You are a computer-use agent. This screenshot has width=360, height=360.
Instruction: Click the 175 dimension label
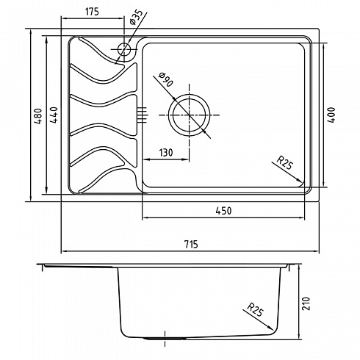92,12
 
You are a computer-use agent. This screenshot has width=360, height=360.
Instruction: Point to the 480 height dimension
38,115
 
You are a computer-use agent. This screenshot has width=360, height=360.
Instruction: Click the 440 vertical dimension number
54,115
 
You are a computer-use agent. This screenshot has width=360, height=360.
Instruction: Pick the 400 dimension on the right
331,115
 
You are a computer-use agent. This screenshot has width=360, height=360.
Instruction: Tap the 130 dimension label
166,153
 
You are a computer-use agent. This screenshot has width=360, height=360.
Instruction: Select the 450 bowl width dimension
223,211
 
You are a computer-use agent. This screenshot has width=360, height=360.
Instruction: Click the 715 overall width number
191,244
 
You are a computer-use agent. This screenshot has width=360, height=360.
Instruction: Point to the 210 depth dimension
306,303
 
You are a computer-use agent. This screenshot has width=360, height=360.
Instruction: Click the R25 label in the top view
285,162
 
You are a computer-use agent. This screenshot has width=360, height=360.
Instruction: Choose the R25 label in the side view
255,309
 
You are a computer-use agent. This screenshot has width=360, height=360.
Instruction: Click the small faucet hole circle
124,49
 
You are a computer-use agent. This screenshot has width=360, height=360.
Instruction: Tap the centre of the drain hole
189,115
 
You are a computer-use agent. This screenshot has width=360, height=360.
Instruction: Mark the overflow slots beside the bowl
143,115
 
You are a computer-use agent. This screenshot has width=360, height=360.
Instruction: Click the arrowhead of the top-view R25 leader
299,180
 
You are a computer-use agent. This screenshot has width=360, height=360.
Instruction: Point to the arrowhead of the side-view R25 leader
270,328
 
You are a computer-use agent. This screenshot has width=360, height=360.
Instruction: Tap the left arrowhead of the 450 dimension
146,217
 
